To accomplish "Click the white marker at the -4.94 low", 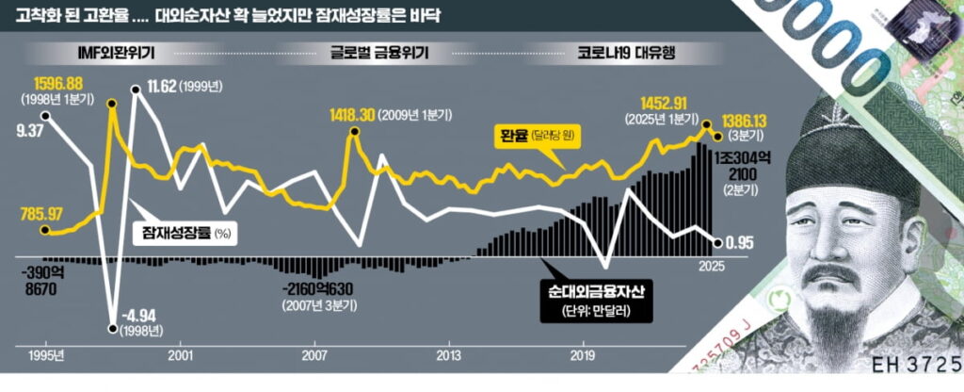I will pyautogui.click(x=113, y=329).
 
